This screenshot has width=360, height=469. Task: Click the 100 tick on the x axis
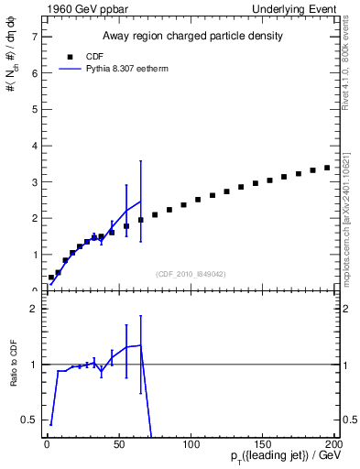191,443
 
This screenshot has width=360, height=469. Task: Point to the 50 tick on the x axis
119,443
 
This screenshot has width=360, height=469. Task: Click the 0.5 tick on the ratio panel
30,420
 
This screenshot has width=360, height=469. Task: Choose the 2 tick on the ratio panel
34,309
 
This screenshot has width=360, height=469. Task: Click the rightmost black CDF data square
327,168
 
